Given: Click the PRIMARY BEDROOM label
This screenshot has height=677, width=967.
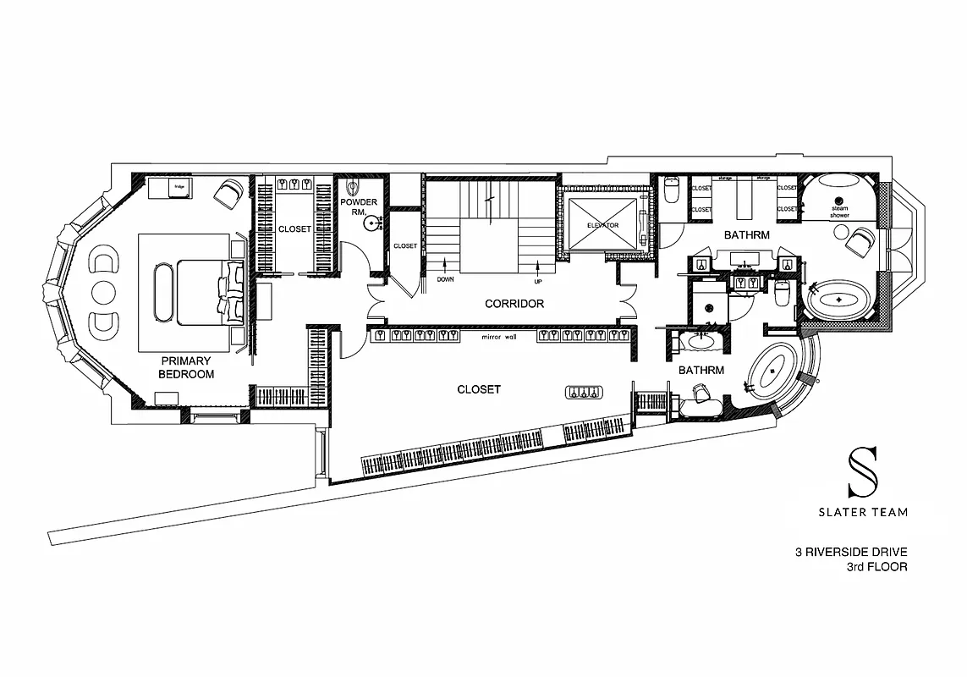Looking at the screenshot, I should click(186, 367).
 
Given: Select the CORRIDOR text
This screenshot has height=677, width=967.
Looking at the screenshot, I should click(514, 303).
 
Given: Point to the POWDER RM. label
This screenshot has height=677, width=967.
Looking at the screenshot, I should click(359, 207).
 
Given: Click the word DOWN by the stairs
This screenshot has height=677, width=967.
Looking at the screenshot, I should click(446, 278).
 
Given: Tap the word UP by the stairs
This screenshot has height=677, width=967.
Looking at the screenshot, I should click(536, 280).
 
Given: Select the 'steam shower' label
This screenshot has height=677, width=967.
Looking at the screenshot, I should click(839, 212).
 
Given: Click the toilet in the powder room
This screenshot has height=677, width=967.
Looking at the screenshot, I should click(354, 189).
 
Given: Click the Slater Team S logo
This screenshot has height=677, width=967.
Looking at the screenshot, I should click(864, 472).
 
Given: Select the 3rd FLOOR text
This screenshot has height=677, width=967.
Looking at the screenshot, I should click(876, 567).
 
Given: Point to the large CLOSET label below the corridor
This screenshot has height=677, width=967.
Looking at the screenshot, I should click(479, 389).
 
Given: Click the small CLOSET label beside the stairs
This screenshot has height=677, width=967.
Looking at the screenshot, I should click(405, 246).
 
